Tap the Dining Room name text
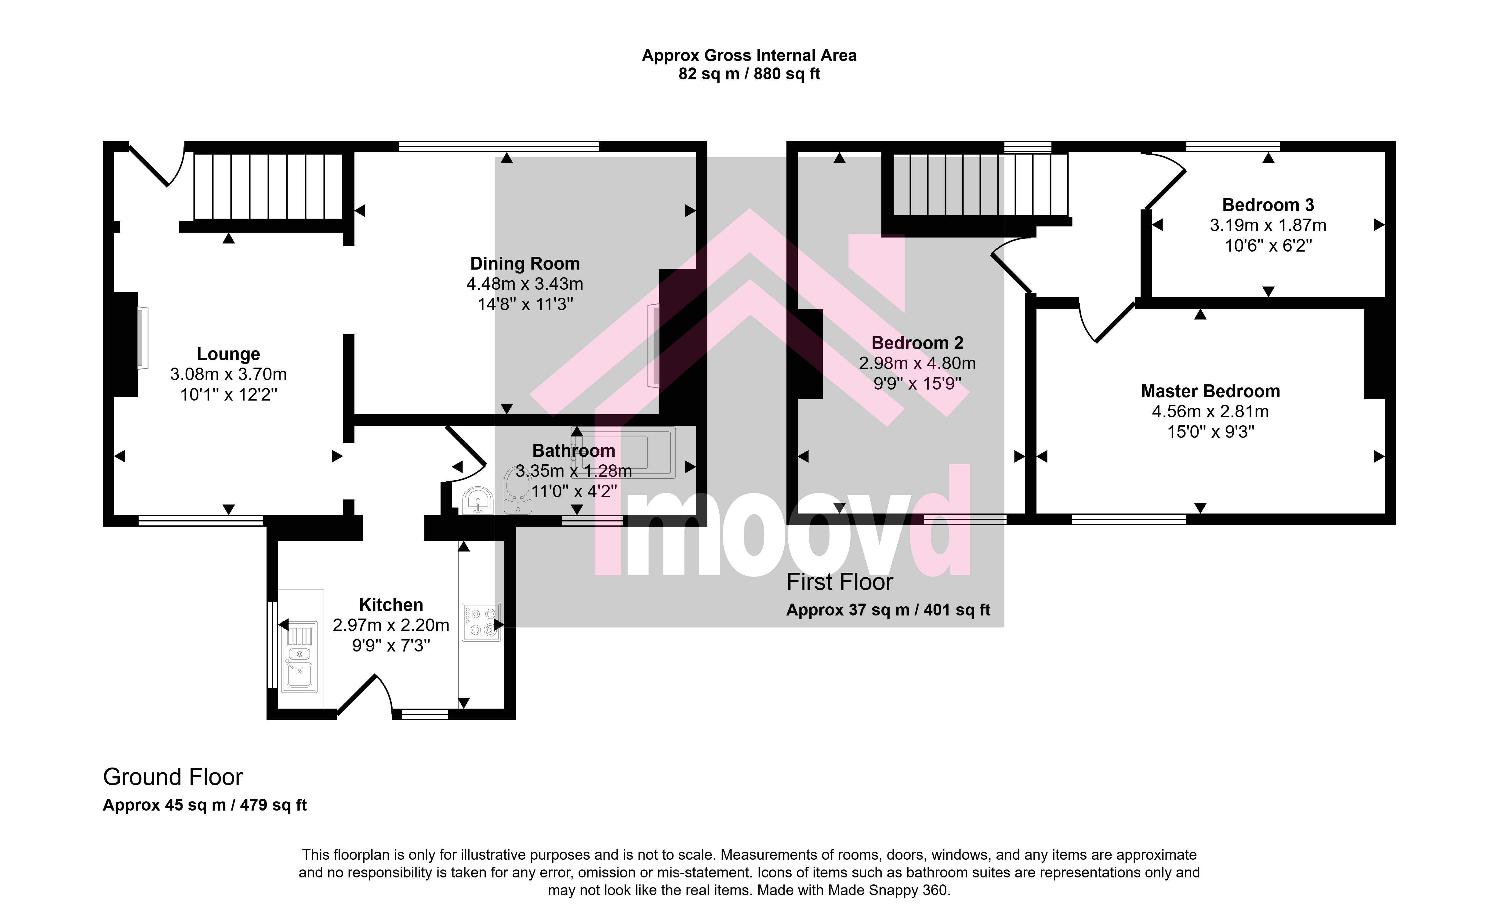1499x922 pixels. tap(525, 263)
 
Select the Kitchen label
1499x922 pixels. tap(391, 605)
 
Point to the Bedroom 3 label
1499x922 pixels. tap(1268, 205)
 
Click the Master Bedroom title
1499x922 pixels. tap(1210, 391)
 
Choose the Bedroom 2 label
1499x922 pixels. tap(917, 343)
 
